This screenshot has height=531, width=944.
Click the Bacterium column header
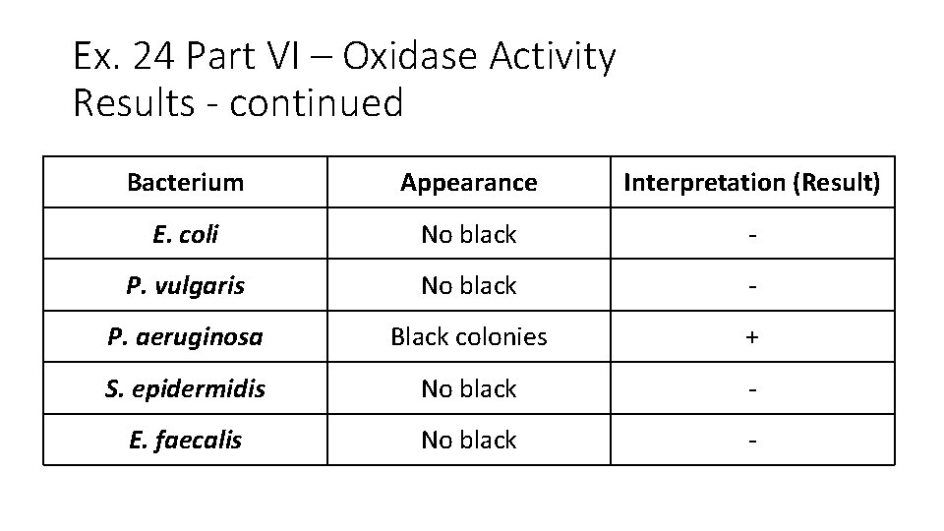pyautogui.click(x=185, y=182)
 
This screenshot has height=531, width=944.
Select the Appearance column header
pyautogui.click(x=468, y=182)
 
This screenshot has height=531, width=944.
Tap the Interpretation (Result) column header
pyautogui.click(x=752, y=182)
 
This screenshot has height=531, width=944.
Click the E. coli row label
pyautogui.click(x=185, y=234)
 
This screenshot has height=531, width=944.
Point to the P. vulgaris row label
pyautogui.click(x=185, y=285)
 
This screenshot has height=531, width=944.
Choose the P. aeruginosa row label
pyautogui.click(x=185, y=337)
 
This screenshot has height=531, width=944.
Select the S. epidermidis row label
pyautogui.click(x=185, y=388)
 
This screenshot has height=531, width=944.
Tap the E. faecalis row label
pyautogui.click(x=185, y=440)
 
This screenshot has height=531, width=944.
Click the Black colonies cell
pyautogui.click(x=468, y=337)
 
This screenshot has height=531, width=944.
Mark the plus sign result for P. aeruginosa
pyautogui.click(x=752, y=337)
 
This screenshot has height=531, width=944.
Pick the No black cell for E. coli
pyautogui.click(x=468, y=234)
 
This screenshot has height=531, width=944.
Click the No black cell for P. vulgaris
pyautogui.click(x=468, y=285)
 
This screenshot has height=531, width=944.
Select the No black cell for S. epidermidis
pyautogui.click(x=468, y=388)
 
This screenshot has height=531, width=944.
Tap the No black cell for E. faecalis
pyautogui.click(x=468, y=440)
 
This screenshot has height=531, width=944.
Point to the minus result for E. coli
pyautogui.click(x=752, y=235)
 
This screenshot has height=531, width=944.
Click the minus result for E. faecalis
pyautogui.click(x=752, y=441)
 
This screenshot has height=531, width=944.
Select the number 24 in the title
pyautogui.click(x=150, y=57)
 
